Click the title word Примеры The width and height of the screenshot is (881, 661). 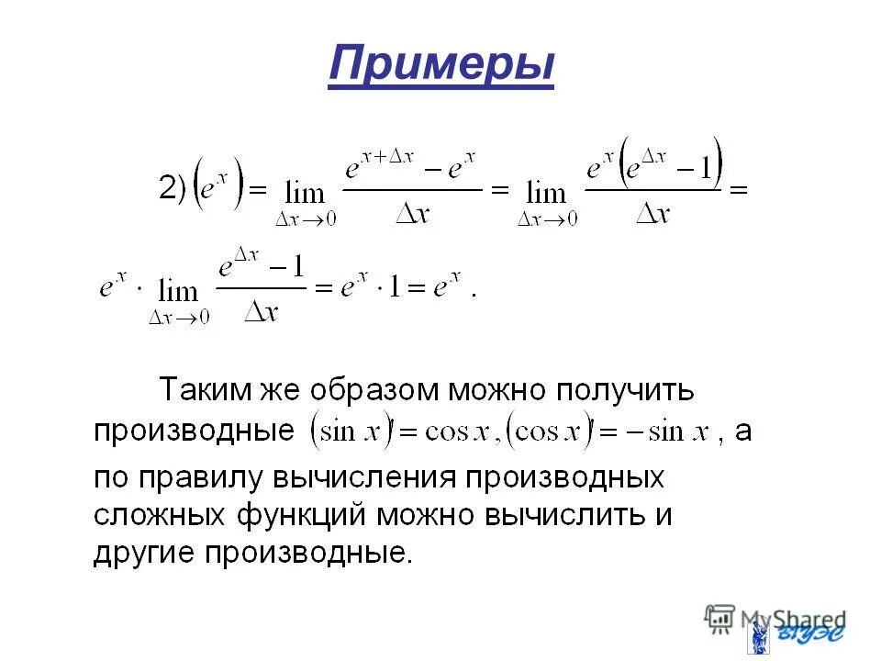(440, 65)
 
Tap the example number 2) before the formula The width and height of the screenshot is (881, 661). (173, 188)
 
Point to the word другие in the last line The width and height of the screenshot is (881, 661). (145, 554)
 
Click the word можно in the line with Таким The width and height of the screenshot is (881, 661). (499, 391)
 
